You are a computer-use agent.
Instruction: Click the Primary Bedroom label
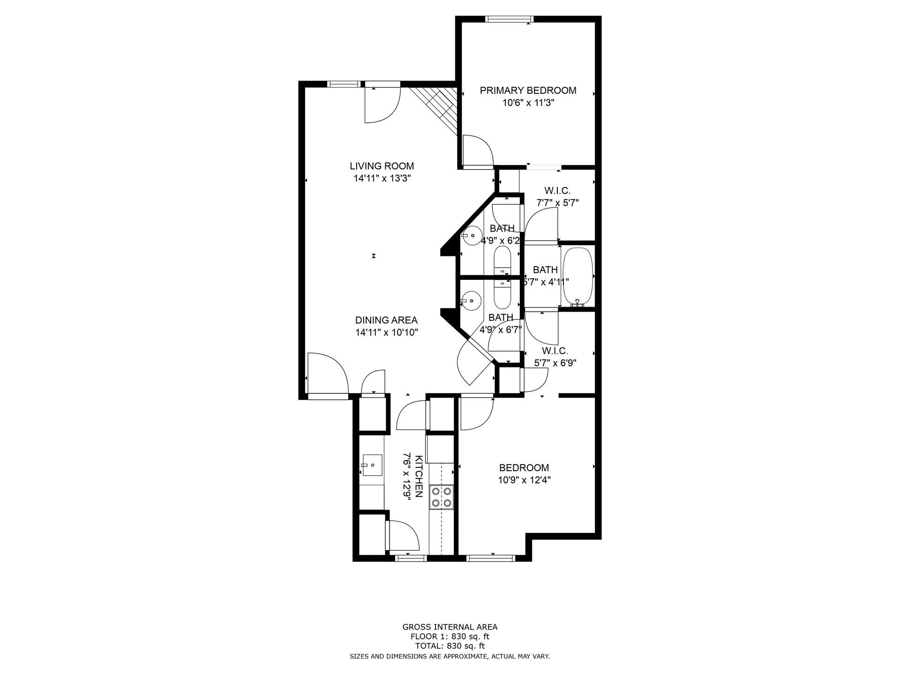click(528, 90)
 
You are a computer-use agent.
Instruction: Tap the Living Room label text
click(382, 166)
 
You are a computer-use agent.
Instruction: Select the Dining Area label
click(386, 320)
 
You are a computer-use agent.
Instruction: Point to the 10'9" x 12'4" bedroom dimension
click(524, 480)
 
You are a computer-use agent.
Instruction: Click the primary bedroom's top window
click(510, 19)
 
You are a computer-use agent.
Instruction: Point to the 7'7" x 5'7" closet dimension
click(558, 203)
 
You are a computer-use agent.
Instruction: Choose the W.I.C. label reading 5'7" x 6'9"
click(555, 357)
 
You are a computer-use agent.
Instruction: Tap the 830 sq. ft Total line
click(450, 646)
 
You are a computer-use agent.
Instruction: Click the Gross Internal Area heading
click(450, 627)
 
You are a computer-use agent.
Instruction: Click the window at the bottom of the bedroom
click(491, 558)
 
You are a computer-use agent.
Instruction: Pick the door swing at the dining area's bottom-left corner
click(328, 373)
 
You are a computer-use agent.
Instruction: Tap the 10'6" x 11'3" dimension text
click(528, 103)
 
